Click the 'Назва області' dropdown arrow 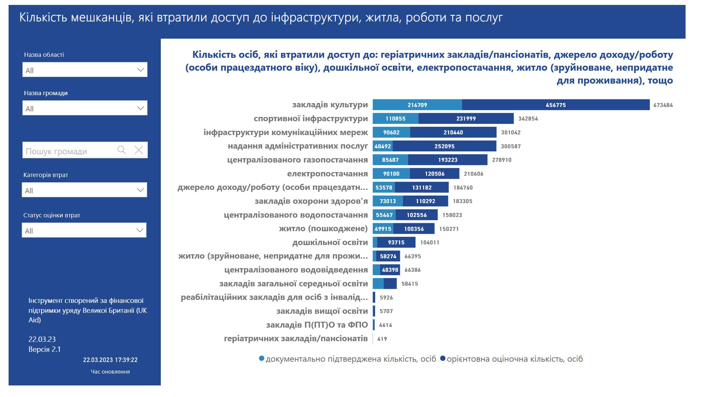[140, 70]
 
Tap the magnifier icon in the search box [122, 150]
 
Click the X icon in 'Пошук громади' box [139, 150]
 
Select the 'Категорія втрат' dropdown [84, 190]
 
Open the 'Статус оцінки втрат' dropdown [84, 230]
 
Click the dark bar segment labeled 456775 [556, 105]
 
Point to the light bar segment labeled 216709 [417, 105]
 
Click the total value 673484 [663, 105]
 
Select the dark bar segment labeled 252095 [444, 146]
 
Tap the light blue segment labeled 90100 [391, 173]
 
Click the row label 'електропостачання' [327, 174]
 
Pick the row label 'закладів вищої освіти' [322, 311]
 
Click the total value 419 [382, 339]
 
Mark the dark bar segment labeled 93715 [396, 242]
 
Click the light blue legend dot [261, 358]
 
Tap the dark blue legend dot [443, 358]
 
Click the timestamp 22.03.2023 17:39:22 [110, 360]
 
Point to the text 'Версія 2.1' [45, 349]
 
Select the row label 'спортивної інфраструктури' [311, 119]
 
